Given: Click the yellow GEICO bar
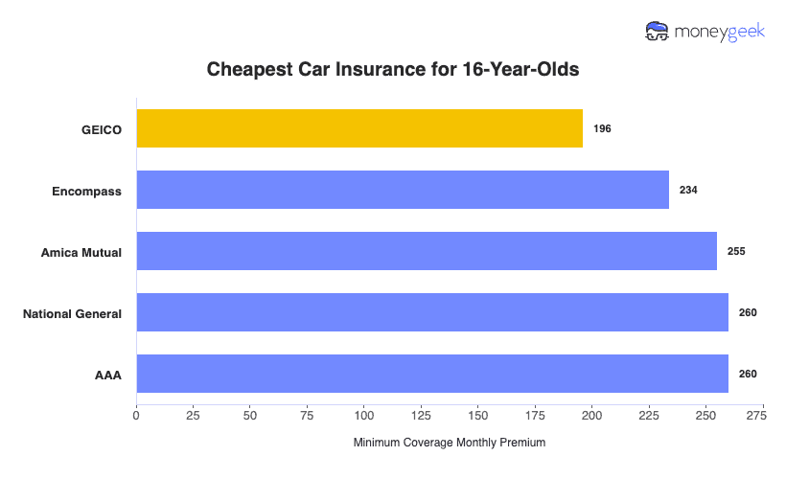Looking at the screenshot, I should tap(359, 128).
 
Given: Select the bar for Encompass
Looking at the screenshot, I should tap(403, 190).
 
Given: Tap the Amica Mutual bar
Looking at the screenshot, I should tap(427, 251).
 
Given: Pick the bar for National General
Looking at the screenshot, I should tap(432, 312).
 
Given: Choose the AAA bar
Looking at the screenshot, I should tap(432, 374).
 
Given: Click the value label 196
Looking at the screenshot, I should tap(602, 128).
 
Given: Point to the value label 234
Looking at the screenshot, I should tap(688, 190).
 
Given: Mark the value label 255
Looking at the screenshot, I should tap(736, 251).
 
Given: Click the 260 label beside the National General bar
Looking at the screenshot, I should tap(748, 312).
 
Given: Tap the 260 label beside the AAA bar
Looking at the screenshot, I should tap(748, 374).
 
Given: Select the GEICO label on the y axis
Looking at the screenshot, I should tap(102, 129).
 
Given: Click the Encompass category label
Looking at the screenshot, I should tap(86, 191).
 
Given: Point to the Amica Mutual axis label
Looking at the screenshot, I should tap(81, 252).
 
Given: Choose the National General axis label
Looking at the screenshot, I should tap(72, 313).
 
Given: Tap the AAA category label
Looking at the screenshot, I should tap(107, 375).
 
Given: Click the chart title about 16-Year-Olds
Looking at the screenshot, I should tap(393, 70).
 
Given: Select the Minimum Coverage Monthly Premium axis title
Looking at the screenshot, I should tap(449, 443).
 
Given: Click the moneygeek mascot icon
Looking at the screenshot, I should tap(658, 32).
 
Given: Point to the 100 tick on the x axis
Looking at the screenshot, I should tap(364, 416).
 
